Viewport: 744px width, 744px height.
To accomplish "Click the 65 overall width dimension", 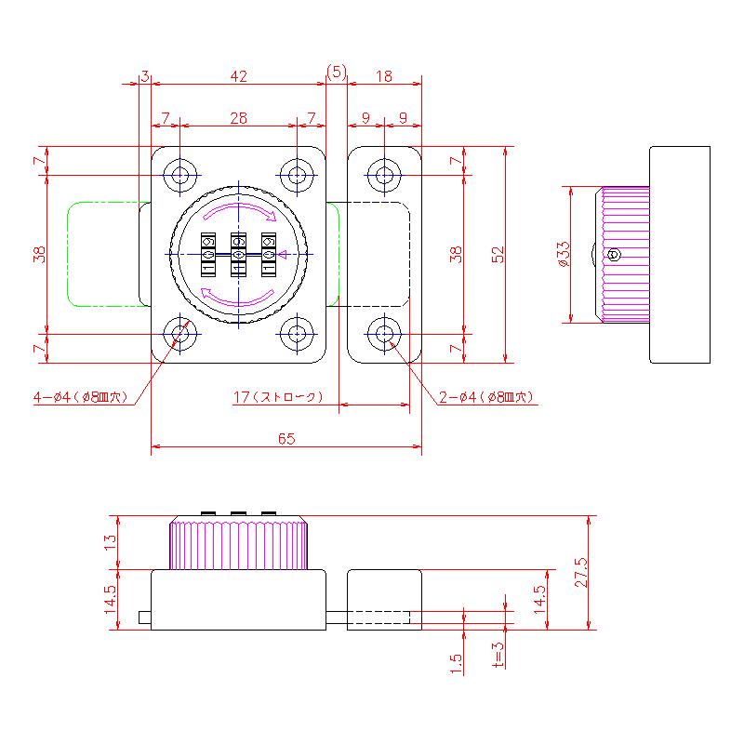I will (286, 439).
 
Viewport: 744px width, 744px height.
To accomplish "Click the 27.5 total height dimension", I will (581, 572).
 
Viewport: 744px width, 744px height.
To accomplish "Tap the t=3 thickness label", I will (498, 655).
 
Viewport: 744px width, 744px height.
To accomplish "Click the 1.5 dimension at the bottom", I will (455, 662).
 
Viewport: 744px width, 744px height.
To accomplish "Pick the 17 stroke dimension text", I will (277, 397).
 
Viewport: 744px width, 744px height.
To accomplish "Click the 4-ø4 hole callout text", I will (79, 397).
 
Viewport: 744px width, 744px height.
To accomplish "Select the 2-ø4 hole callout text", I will (485, 397).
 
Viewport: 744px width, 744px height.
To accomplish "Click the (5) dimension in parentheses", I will (336, 72).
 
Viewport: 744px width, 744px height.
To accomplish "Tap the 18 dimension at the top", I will (384, 76).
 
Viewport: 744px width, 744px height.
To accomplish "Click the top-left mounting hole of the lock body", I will (179, 174).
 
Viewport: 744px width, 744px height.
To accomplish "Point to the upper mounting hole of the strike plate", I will (383, 174).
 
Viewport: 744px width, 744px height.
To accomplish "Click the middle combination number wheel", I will (238, 254).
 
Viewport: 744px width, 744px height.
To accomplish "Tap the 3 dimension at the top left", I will (145, 76).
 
